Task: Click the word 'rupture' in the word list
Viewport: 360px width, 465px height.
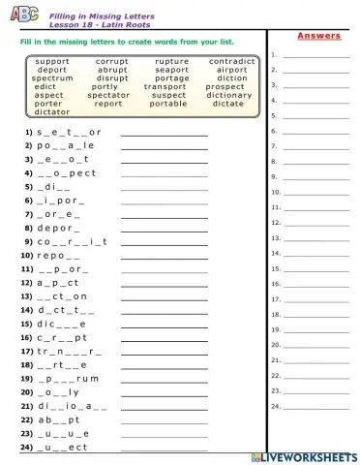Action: (x=171, y=61)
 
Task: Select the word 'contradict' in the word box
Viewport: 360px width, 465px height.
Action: (x=231, y=61)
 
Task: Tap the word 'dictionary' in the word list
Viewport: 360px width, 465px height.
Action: (x=228, y=95)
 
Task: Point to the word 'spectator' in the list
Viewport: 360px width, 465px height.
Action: (x=107, y=95)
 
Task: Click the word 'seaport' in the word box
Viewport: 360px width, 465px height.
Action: (x=171, y=70)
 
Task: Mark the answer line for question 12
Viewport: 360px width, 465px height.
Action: (x=165, y=283)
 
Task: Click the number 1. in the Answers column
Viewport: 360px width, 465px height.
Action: (x=276, y=54)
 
